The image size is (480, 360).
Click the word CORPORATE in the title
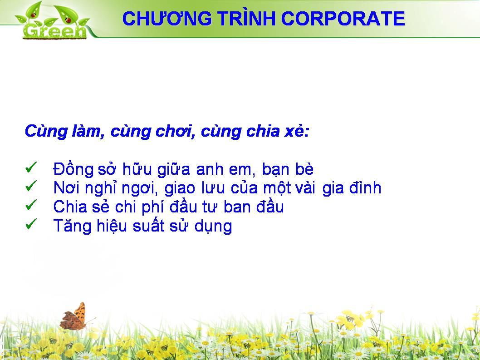click(x=343, y=18)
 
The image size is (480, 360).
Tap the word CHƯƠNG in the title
click(x=167, y=18)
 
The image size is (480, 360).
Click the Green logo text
click(x=54, y=31)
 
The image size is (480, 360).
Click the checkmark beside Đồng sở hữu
click(x=31, y=167)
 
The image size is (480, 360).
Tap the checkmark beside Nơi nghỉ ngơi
click(x=31, y=186)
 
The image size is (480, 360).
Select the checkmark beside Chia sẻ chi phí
click(x=31, y=205)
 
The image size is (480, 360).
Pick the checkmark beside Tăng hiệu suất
click(x=31, y=224)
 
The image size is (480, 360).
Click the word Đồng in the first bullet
click(x=73, y=168)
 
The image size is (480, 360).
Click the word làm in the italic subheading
click(x=87, y=131)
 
